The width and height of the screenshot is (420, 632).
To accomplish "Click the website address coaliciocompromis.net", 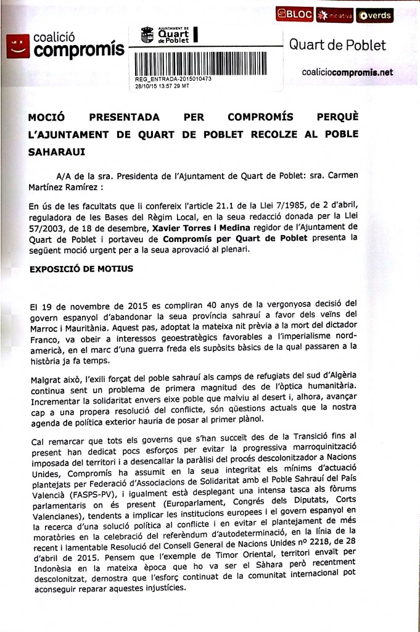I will pyautogui.click(x=347, y=72).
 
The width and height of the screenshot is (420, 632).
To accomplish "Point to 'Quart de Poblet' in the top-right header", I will pyautogui.click(x=337, y=45).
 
